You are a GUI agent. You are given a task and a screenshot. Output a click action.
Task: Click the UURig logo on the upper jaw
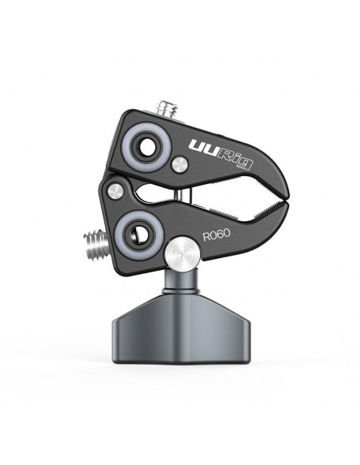tap(221, 154)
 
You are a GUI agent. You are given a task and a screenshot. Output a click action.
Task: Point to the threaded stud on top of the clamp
tap(167, 108)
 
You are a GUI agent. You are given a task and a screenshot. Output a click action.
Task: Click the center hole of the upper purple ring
tap(147, 147)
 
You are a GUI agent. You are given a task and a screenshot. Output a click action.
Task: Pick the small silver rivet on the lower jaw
tap(115, 191)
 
